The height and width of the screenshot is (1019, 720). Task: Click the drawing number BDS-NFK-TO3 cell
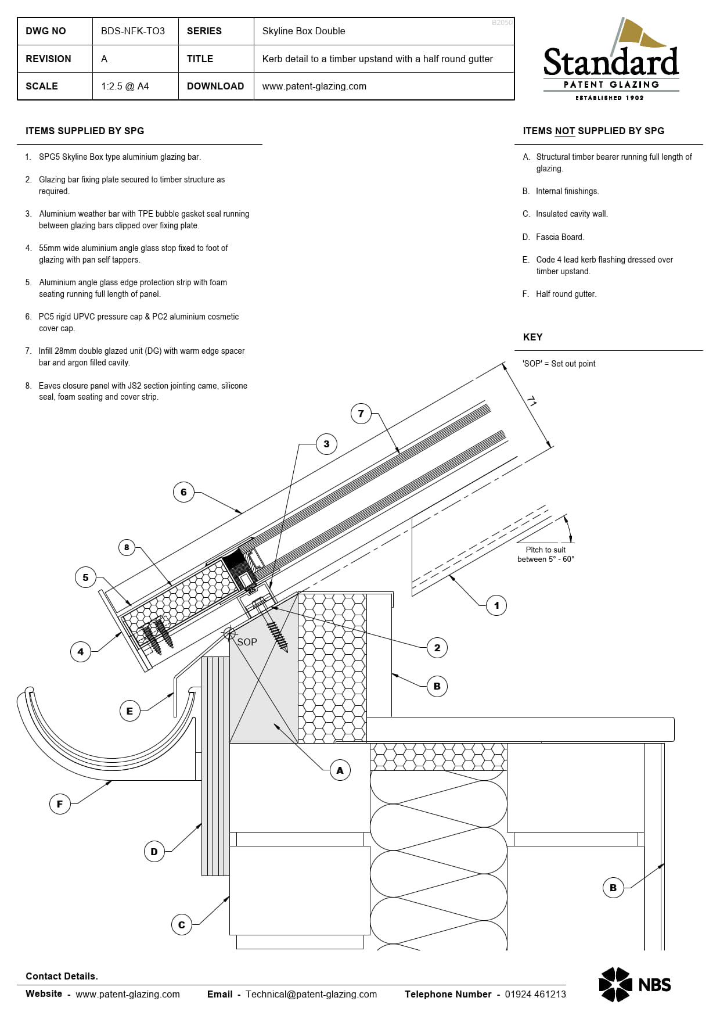[133, 31]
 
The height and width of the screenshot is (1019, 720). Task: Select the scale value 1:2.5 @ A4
[125, 87]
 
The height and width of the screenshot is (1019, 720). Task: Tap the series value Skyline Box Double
[303, 31]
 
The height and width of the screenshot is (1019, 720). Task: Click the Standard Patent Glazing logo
[611, 61]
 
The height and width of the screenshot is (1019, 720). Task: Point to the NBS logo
[635, 984]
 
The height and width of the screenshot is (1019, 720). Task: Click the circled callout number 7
[361, 414]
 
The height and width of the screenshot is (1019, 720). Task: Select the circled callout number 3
[326, 444]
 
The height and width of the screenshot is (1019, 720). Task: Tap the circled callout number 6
[183, 492]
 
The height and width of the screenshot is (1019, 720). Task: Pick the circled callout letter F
[60, 804]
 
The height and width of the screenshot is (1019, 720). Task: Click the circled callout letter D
[154, 852]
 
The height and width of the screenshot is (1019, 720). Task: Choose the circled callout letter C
[182, 924]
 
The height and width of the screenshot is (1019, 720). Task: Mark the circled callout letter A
[340, 770]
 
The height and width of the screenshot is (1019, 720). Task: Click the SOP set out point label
[247, 642]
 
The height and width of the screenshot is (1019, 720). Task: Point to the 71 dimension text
[531, 401]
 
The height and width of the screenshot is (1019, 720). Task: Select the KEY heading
[532, 338]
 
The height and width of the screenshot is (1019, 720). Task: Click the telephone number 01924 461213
[535, 994]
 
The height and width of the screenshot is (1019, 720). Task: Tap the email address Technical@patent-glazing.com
[311, 994]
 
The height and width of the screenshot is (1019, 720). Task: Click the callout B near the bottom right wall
[613, 888]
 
